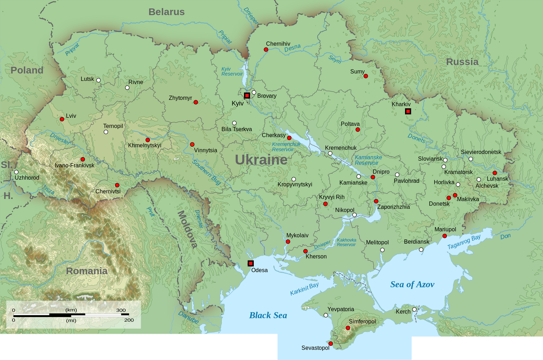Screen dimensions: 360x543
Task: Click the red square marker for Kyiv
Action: (x=247, y=96)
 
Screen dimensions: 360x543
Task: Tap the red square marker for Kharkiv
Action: (x=408, y=111)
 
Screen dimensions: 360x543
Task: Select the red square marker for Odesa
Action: (x=251, y=264)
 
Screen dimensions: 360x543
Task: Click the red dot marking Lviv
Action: (x=62, y=120)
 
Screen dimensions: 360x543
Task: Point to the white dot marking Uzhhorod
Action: (x=16, y=172)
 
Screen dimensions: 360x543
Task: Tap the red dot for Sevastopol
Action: (x=331, y=344)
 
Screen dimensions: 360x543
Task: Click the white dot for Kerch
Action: (x=414, y=309)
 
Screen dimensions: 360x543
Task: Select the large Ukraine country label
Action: (x=261, y=160)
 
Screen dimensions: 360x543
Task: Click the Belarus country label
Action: (x=167, y=12)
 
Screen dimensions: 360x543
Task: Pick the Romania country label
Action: (x=86, y=271)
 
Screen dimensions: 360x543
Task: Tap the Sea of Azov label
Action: (x=412, y=284)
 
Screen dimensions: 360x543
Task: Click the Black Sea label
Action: (x=268, y=315)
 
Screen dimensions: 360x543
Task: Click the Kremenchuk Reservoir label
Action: (x=283, y=147)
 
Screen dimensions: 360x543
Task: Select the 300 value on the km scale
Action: (x=121, y=310)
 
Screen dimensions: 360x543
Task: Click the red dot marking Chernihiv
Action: (x=266, y=49)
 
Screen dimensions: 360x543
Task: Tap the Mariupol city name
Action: (x=445, y=230)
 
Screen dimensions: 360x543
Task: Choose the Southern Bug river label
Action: (x=206, y=172)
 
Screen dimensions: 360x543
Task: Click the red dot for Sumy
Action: (x=366, y=76)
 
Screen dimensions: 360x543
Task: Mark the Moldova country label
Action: (x=187, y=229)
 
